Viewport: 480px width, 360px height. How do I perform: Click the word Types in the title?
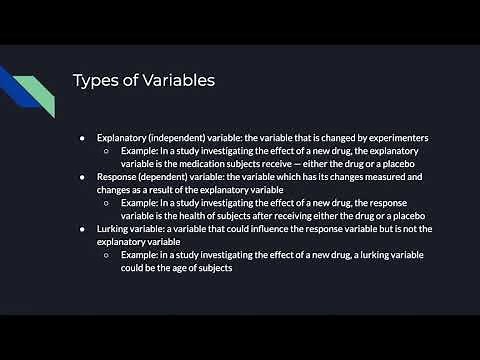coord(97,80)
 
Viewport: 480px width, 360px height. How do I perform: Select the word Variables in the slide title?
coord(168,80)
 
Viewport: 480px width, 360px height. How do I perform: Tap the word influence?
coord(278,229)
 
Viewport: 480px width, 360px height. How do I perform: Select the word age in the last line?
coord(194,268)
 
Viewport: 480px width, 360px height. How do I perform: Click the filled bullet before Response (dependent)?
coord(84,176)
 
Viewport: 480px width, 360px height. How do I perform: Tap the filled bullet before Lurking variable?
coord(84,229)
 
